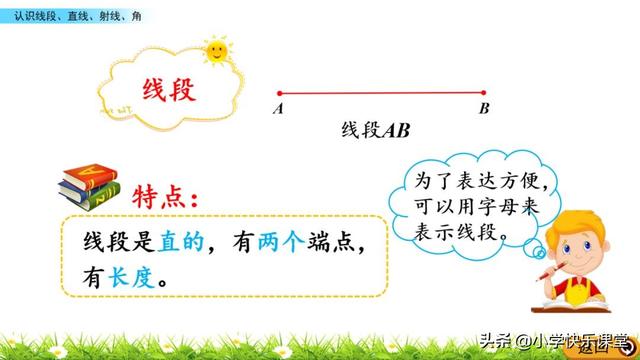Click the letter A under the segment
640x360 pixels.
click(x=277, y=109)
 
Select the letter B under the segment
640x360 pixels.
click(x=484, y=109)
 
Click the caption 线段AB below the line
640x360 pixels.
click(x=376, y=130)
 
